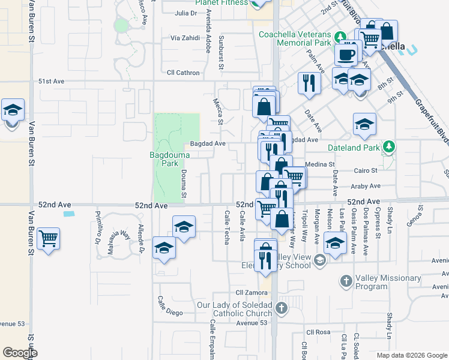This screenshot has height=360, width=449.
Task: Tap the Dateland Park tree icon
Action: (x=389, y=146)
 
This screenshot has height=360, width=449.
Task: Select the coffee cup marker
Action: (x=346, y=55)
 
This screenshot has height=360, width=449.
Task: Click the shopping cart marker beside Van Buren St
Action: (x=49, y=238)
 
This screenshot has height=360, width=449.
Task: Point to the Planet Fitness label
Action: (x=220, y=2)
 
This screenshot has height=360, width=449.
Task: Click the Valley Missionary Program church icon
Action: (x=346, y=280)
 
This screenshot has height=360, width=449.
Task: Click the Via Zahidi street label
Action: (x=184, y=38)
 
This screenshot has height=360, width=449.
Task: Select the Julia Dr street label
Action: (x=185, y=13)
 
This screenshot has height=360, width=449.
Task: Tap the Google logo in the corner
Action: (x=20, y=353)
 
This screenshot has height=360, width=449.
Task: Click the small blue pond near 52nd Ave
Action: (x=69, y=214)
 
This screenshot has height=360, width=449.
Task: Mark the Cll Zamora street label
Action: (x=250, y=292)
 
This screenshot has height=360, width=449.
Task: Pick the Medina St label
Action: (x=320, y=164)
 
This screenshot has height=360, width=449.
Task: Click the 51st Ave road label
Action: (x=51, y=81)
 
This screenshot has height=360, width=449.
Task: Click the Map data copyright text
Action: (x=412, y=355)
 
